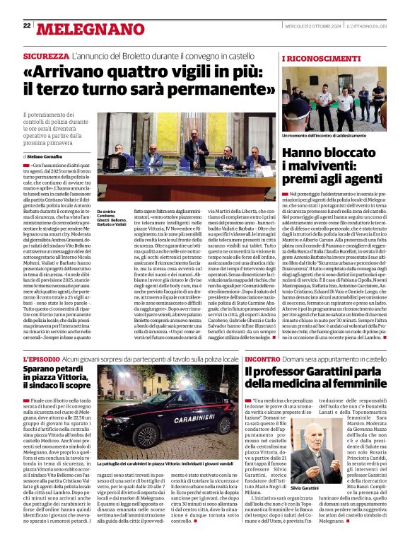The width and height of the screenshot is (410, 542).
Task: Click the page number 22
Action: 27,25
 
